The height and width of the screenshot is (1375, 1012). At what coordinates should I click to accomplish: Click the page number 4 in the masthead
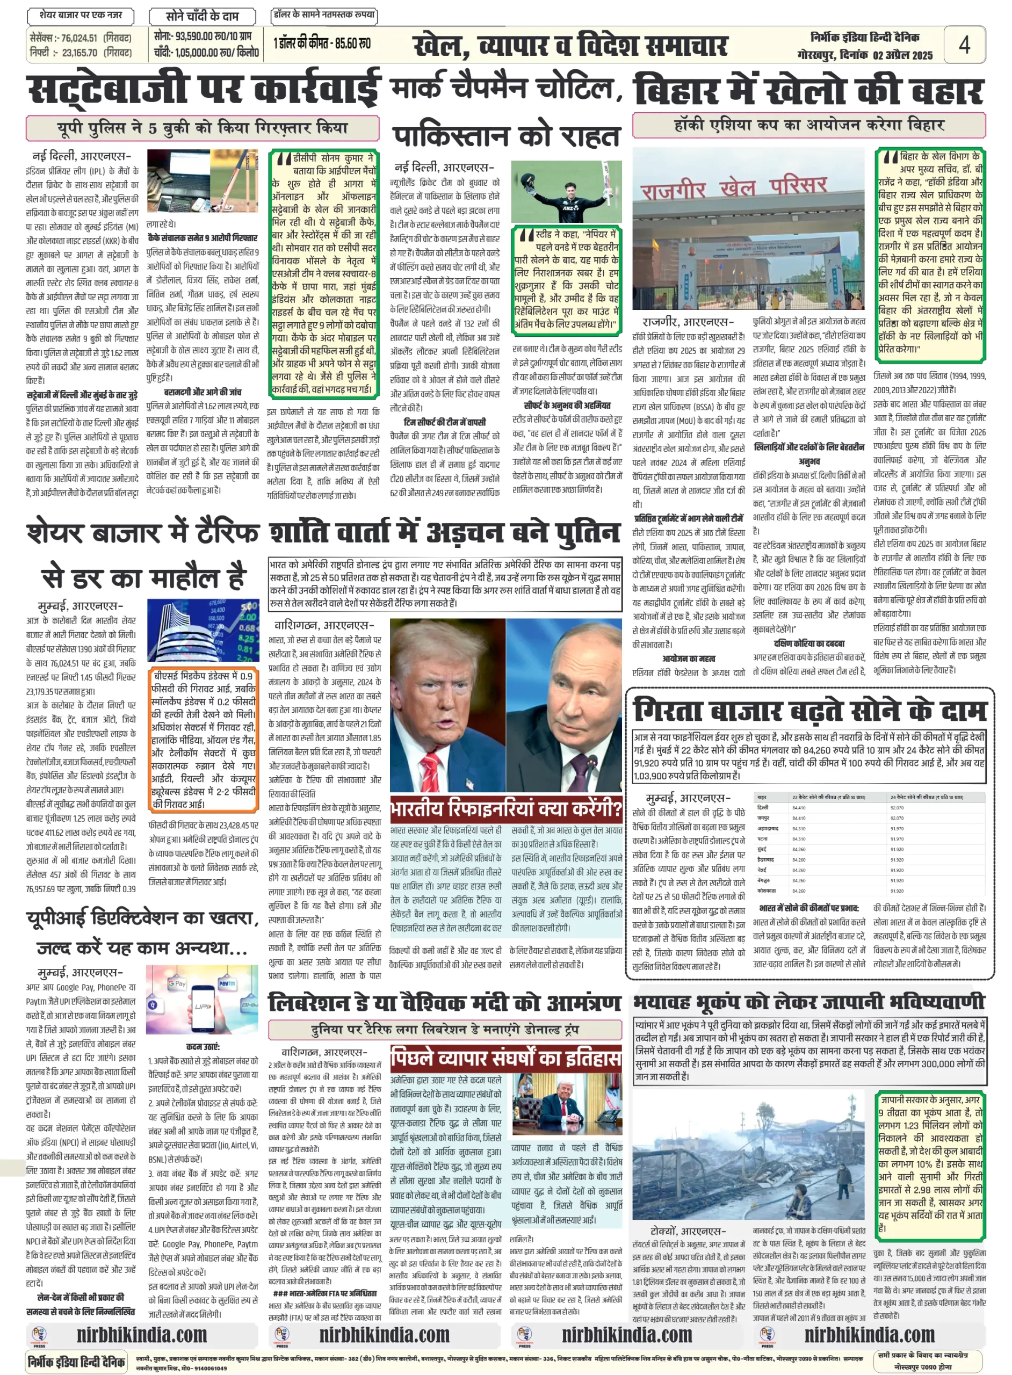pos(964,44)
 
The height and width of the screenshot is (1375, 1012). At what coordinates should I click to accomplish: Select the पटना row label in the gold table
pos(763,838)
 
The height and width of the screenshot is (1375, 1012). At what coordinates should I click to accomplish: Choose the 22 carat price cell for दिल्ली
pos(799,807)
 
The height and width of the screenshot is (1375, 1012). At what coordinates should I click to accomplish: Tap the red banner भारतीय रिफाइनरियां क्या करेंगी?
pos(505,809)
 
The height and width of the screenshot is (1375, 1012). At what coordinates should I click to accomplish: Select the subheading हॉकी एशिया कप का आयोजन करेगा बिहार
pos(808,126)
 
